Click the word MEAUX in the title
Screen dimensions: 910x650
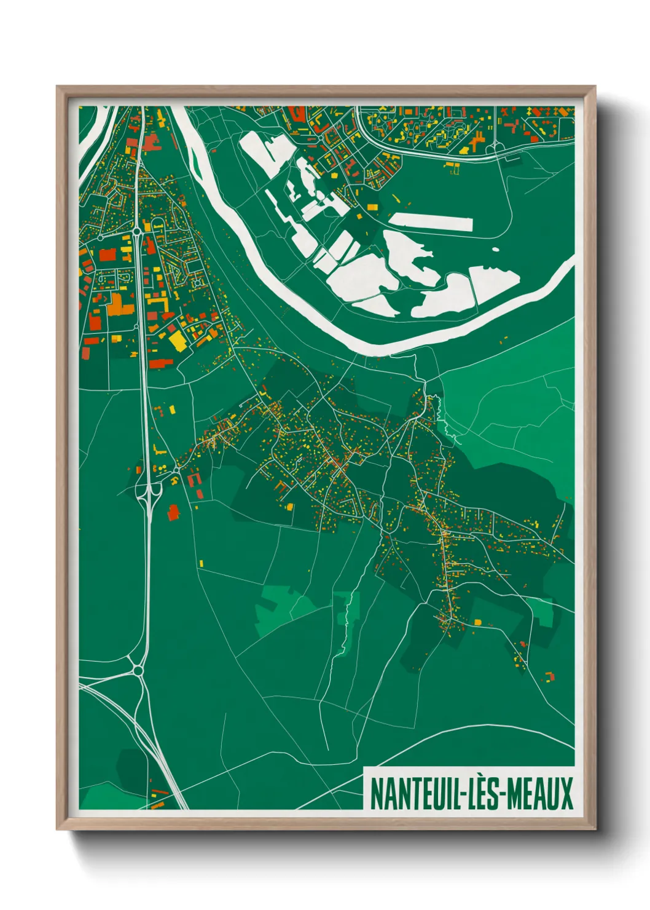pyautogui.click(x=539, y=794)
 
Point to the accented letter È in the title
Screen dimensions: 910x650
pyautogui.click(x=477, y=793)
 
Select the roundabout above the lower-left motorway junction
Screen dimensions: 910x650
pyautogui.click(x=138, y=670)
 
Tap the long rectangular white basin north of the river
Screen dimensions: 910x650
pyautogui.click(x=431, y=222)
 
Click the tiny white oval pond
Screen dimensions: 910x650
pyautogui.click(x=495, y=250)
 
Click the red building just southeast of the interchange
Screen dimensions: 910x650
pyautogui.click(x=173, y=512)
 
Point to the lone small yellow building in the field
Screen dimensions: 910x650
pyautogui.click(x=201, y=563)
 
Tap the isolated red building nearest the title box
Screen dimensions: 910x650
pyautogui.click(x=549, y=676)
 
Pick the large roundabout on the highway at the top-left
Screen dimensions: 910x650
pyautogui.click(x=136, y=232)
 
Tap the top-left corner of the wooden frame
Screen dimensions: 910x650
pyautogui.click(x=57, y=87)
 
